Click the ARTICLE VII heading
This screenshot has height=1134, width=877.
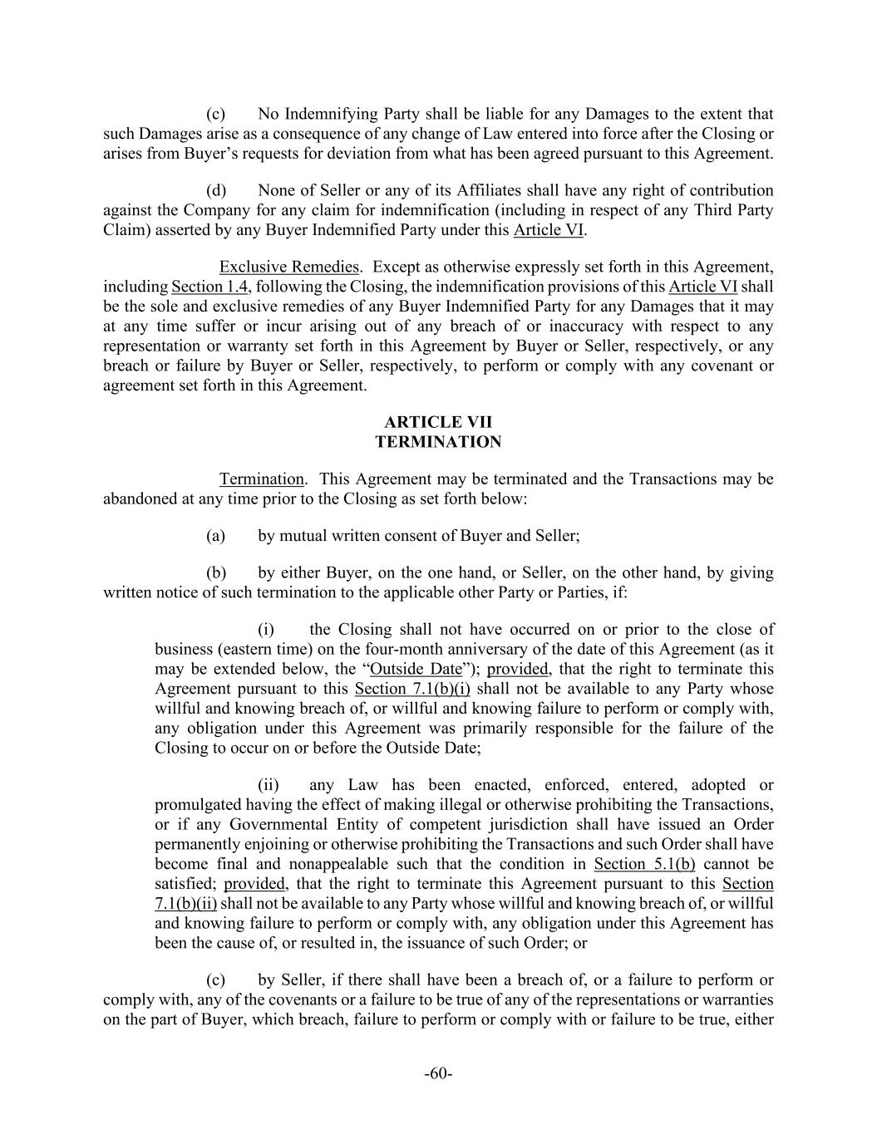coord(438,422)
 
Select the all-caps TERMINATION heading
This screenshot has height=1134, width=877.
coord(438,442)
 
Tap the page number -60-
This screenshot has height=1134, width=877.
coord(438,1073)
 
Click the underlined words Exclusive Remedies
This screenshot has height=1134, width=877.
coord(288,267)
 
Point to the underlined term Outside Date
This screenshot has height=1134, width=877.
coord(416,669)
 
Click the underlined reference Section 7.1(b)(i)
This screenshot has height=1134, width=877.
coord(412,689)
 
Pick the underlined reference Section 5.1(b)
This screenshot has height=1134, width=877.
coord(644,864)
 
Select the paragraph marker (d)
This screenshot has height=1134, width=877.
coord(216,190)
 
